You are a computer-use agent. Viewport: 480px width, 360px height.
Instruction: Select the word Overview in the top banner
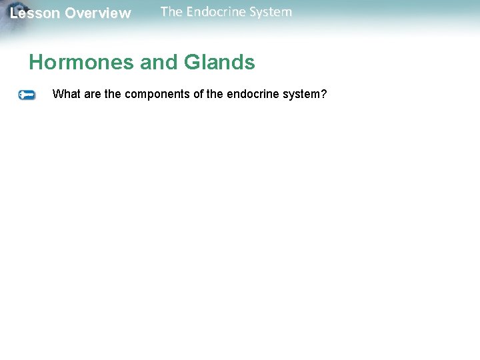coord(98,13)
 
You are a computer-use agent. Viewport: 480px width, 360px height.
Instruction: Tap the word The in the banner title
coord(171,12)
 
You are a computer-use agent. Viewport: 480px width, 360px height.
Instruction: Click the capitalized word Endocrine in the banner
coord(215,12)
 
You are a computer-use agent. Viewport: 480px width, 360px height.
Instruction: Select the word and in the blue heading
coord(158,63)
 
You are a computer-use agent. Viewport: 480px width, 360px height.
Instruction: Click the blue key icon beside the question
coord(26,95)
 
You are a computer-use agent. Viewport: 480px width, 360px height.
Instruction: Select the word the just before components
coord(113,94)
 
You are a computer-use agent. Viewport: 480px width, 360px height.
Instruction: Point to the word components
coord(157,94)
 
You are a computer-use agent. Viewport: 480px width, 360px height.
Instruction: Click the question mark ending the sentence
coord(323,94)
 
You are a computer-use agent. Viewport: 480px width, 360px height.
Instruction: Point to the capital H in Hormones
coord(36,63)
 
